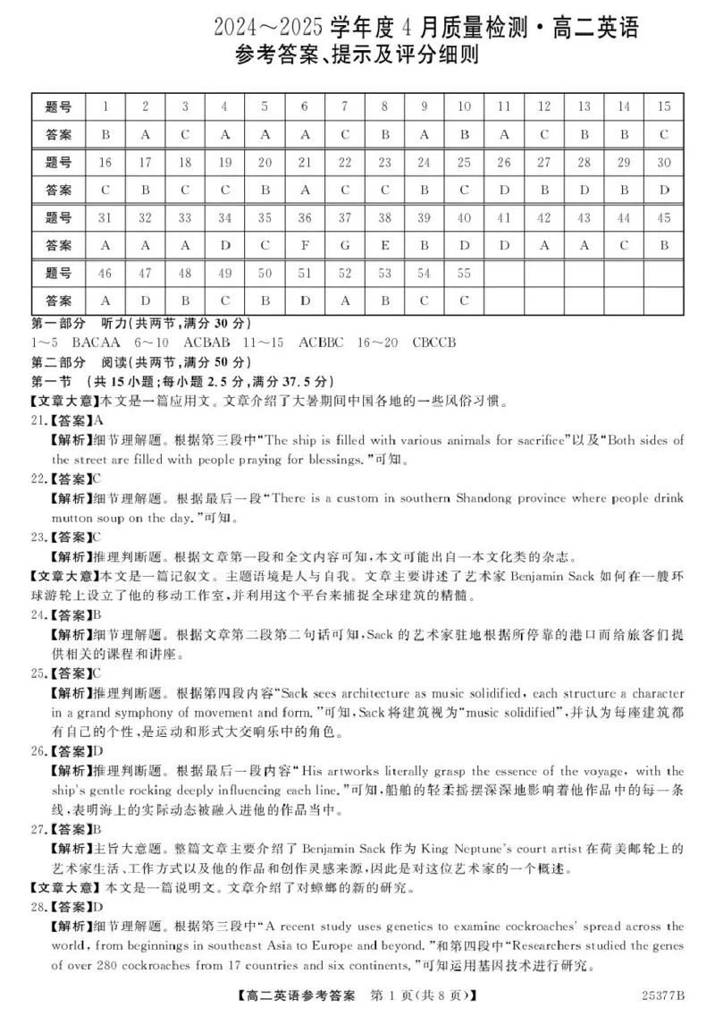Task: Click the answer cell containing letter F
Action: tap(305, 244)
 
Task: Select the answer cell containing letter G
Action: tap(345, 244)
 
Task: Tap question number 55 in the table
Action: tap(464, 274)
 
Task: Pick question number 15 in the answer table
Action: tap(663, 106)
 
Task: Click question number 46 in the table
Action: tap(105, 274)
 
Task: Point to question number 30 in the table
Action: tap(663, 162)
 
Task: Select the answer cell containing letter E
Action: tap(384, 244)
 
